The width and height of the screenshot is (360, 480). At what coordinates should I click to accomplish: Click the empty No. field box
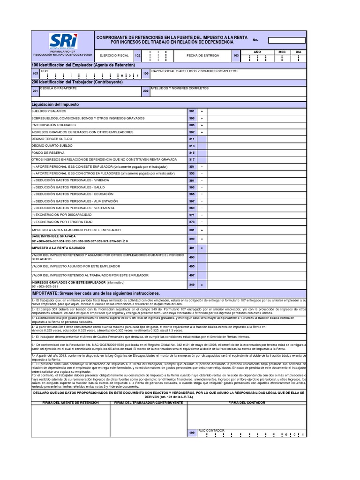[287, 40]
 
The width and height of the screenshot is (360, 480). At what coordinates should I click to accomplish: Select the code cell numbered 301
[191, 112]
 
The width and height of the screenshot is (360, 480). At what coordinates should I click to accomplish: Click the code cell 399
[191, 239]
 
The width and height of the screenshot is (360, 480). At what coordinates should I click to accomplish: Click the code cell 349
[191, 285]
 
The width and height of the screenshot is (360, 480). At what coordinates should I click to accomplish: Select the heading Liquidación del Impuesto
[55, 104]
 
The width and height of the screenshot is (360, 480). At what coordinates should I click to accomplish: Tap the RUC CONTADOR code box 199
[192, 433]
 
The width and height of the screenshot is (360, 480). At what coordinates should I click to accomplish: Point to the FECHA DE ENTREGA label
[190, 55]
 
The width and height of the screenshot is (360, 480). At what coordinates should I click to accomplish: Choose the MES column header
[282, 52]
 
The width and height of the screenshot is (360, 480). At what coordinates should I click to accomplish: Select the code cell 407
[191, 275]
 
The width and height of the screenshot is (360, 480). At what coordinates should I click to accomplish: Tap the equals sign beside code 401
[202, 248]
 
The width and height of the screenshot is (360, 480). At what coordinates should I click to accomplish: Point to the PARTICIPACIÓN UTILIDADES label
[53, 125]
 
